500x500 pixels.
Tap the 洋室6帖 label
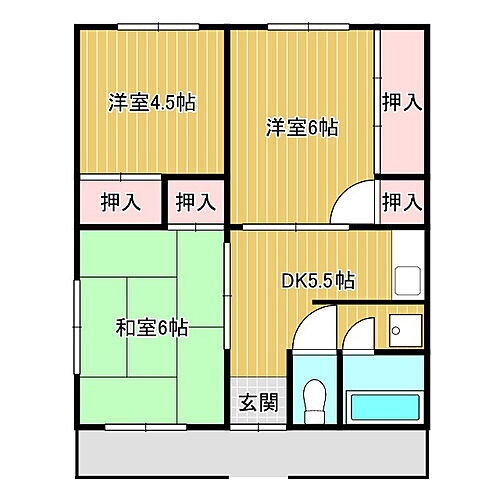point(301,127)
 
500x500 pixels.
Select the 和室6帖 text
point(152,326)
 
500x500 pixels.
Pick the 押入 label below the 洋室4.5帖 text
point(120,202)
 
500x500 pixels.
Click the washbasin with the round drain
point(406,330)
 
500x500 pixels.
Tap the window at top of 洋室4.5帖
point(152,26)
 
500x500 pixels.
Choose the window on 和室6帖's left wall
point(77,327)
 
